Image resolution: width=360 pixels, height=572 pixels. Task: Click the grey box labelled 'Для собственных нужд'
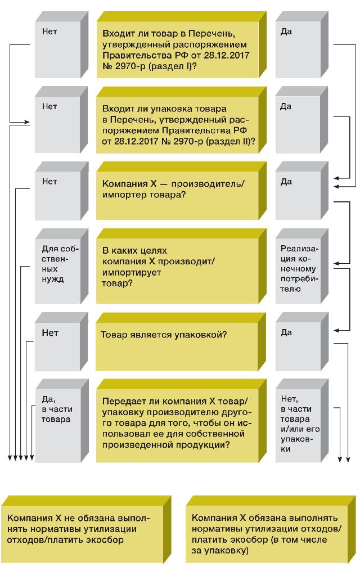pos(62,266)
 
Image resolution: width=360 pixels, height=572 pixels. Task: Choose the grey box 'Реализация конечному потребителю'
pos(301,266)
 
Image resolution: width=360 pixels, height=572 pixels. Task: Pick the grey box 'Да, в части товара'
pos(62,421)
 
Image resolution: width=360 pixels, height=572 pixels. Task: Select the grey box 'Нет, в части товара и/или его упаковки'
pos(302,421)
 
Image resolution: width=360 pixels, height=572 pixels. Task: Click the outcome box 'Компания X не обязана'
pos(86,529)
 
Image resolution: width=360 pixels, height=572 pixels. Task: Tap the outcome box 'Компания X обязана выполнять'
pos(271,529)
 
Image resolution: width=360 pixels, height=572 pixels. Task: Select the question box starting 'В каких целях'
pos(181,266)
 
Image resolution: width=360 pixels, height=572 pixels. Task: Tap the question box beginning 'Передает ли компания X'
pos(181,421)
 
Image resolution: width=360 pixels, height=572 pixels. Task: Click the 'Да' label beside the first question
pos(286,31)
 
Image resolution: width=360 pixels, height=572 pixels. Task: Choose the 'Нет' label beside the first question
pos(49,31)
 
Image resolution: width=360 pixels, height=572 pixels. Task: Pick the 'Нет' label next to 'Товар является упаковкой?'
pos(49,333)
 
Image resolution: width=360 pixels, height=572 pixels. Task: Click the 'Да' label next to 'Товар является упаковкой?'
pos(286,333)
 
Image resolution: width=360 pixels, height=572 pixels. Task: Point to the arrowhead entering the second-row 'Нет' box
pos(26,122)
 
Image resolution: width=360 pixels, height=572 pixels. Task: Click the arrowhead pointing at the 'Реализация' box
pos(337,263)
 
